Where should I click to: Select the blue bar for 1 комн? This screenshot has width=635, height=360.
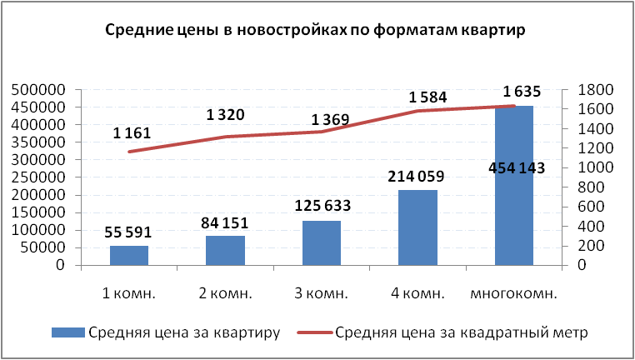click(129, 256)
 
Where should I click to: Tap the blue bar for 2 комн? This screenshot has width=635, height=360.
click(225, 251)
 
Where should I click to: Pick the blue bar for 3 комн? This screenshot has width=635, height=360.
click(321, 243)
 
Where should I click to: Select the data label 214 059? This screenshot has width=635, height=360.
click(417, 177)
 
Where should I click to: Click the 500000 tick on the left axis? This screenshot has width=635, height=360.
click(38, 90)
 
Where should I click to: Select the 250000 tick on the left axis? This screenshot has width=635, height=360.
click(38, 177)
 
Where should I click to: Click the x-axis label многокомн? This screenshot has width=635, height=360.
click(513, 294)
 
